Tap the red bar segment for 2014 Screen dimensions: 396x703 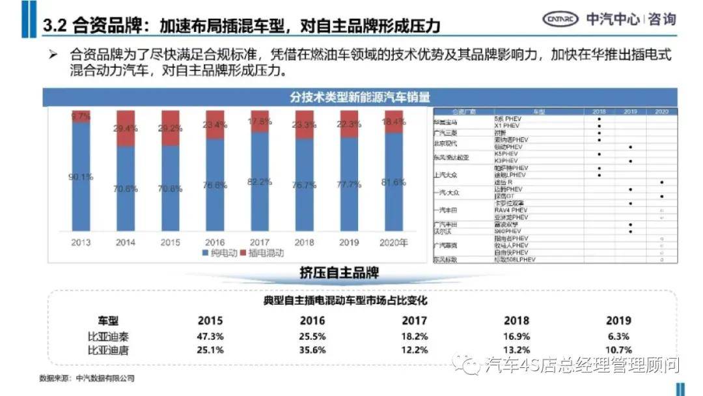126,128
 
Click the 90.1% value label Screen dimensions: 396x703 82,176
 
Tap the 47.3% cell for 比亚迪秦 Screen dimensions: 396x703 210,336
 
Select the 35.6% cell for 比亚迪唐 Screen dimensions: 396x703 312,350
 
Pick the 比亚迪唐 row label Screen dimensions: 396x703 109,350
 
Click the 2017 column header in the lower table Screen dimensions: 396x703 415,320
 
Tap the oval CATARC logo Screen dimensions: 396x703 561,19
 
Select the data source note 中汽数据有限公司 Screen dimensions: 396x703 87,378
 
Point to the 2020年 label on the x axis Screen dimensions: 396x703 394,243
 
